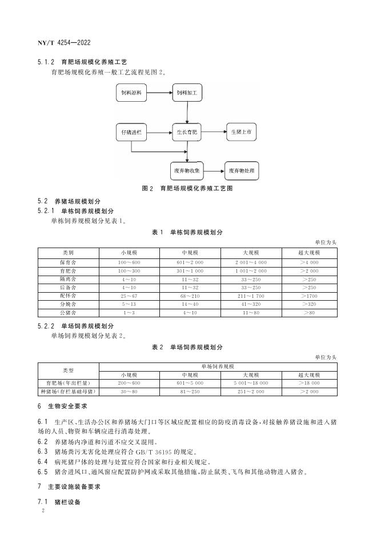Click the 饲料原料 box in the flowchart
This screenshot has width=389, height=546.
[x=131, y=92]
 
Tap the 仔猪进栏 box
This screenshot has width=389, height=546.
[x=131, y=132]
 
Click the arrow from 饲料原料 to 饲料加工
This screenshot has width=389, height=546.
[x=159, y=92]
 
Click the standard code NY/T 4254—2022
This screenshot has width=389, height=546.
[x=64, y=42]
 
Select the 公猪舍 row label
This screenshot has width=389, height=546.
[x=68, y=313]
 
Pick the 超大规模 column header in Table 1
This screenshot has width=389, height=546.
[x=309, y=252]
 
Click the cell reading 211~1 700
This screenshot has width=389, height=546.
[x=251, y=296]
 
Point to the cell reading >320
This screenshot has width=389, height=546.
[x=309, y=304]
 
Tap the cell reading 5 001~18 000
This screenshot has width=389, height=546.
[x=251, y=382]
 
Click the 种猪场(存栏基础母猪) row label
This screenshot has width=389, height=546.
[x=68, y=391]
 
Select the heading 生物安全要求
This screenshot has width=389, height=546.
[x=66, y=406]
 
